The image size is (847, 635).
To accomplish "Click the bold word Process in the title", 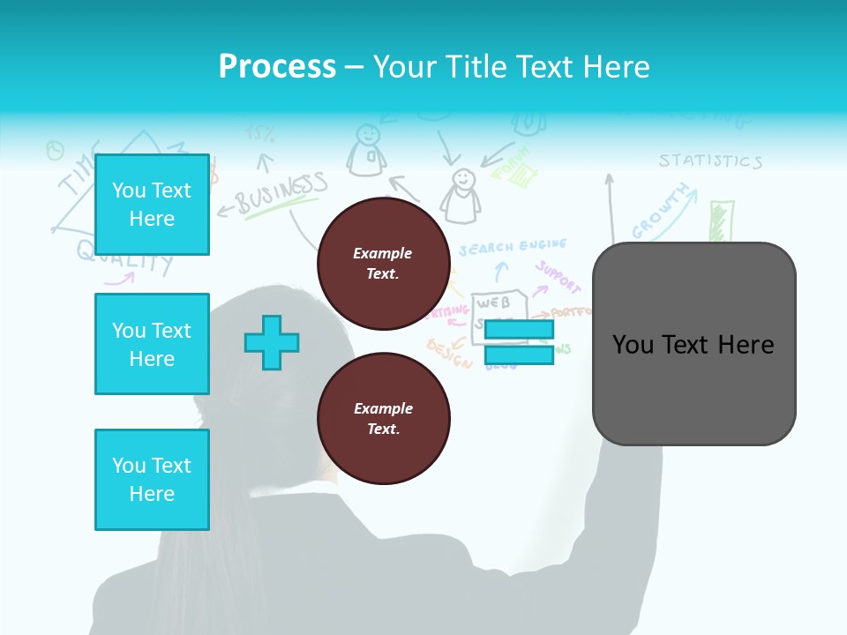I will (277, 66).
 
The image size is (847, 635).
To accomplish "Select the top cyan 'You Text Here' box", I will (152, 205).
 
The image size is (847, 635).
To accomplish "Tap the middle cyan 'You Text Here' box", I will (152, 344).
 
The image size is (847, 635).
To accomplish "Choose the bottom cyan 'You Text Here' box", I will (152, 480).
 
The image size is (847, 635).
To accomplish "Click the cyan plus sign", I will (272, 342).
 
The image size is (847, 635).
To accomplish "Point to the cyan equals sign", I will (519, 342).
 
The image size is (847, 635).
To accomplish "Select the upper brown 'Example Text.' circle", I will (383, 264).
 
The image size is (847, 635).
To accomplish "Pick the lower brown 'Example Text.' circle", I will (383, 419).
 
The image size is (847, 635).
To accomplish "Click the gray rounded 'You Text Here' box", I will (693, 344).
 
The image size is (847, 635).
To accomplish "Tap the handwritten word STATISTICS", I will (710, 161).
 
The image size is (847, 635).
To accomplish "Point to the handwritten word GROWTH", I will (662, 212).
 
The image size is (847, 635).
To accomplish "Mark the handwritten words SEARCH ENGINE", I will (512, 247).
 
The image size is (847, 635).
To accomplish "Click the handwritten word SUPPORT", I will (558, 277).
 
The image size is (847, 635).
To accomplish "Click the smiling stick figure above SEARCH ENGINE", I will (461, 195).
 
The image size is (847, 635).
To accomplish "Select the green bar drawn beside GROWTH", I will (721, 220).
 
